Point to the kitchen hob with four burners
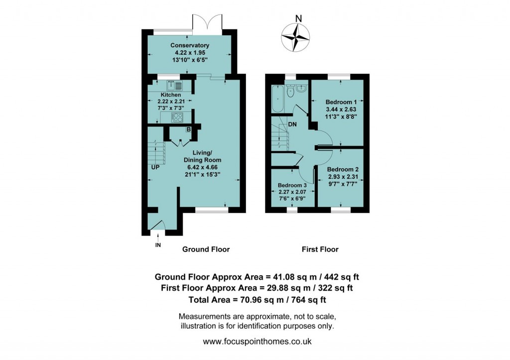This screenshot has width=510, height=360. [177, 118]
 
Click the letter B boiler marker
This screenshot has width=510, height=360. [189, 130]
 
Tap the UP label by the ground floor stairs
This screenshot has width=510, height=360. [156, 167]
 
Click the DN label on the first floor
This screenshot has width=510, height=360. [292, 124]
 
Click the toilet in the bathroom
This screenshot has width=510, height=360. [301, 95]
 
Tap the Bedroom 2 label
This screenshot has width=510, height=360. [343, 169]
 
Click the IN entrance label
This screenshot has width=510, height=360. [158, 245]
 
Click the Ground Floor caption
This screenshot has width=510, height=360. [206, 249]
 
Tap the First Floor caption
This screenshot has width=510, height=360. [320, 249]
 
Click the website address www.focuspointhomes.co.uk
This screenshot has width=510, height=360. [257, 342]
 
